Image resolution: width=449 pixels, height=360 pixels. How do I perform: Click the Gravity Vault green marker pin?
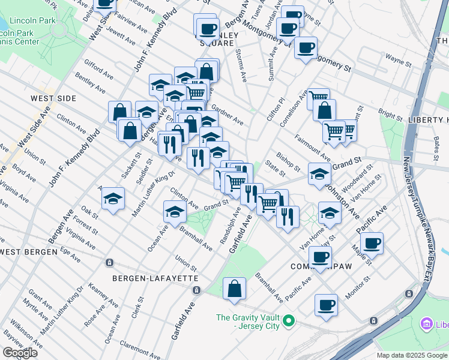[x=288, y=322]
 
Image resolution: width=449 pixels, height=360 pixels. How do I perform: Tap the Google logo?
[x=20, y=353]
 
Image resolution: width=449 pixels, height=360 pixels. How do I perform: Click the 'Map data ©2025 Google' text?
[x=411, y=355]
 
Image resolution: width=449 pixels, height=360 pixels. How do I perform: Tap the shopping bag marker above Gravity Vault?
[x=234, y=289]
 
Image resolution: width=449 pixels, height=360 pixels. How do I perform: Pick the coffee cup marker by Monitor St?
[x=326, y=305]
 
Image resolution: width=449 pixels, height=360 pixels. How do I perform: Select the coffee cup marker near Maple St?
[x=372, y=243]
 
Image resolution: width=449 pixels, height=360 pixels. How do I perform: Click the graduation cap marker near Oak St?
[x=113, y=199]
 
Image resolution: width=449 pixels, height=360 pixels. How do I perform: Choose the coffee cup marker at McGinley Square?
[x=208, y=28]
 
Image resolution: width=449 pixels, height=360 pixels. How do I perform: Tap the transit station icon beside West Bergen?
[x=109, y=263]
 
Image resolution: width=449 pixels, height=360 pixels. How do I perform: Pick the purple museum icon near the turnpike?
[x=427, y=325]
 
